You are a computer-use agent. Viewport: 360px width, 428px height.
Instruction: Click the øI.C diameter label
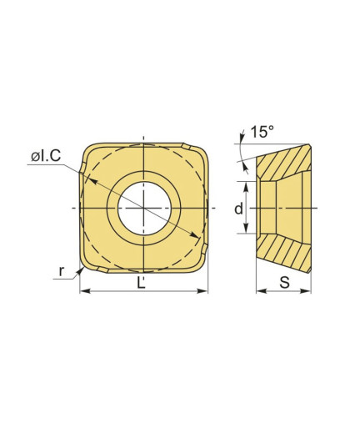coord(46,157)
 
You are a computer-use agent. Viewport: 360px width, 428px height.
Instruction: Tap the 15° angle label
coord(262,132)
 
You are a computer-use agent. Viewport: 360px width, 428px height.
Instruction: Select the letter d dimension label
coord(238,209)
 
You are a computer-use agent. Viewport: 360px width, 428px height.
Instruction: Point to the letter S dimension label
coord(284,283)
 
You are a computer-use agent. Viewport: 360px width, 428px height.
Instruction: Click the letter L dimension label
coord(142,283)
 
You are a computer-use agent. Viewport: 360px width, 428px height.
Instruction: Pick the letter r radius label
coord(62,270)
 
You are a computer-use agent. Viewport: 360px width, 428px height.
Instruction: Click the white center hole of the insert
coord(144,209)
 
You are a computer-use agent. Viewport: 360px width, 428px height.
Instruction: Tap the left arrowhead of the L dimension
coord(84,291)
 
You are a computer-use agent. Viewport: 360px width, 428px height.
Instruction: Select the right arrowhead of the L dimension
coord(202,291)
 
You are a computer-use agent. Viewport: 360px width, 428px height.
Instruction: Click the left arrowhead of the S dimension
coord(261,291)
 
